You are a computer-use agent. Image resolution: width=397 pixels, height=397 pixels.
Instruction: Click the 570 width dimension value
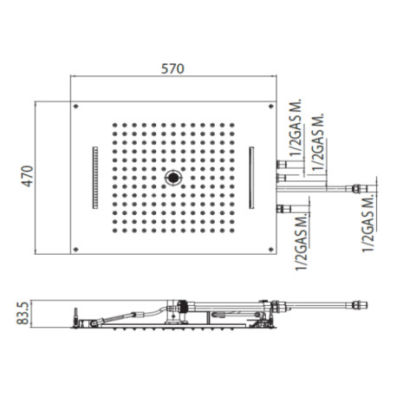(172, 68)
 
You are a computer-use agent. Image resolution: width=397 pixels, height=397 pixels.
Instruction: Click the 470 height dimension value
(28, 176)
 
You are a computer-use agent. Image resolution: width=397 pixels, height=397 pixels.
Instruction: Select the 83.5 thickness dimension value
(24, 313)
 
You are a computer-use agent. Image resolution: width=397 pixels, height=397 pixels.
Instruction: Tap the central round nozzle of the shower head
(173, 178)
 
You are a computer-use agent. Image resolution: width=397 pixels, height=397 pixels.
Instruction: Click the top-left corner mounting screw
(76, 107)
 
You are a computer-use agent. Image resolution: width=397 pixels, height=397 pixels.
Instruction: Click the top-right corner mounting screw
(271, 107)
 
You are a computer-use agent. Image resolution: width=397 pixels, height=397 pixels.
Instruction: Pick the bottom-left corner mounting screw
(76, 249)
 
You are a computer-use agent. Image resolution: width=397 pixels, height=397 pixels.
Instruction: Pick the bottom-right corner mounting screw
(271, 249)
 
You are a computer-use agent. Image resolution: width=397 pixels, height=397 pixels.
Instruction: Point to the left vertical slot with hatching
(95, 178)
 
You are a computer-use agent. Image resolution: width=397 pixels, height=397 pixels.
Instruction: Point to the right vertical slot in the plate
(251, 178)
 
